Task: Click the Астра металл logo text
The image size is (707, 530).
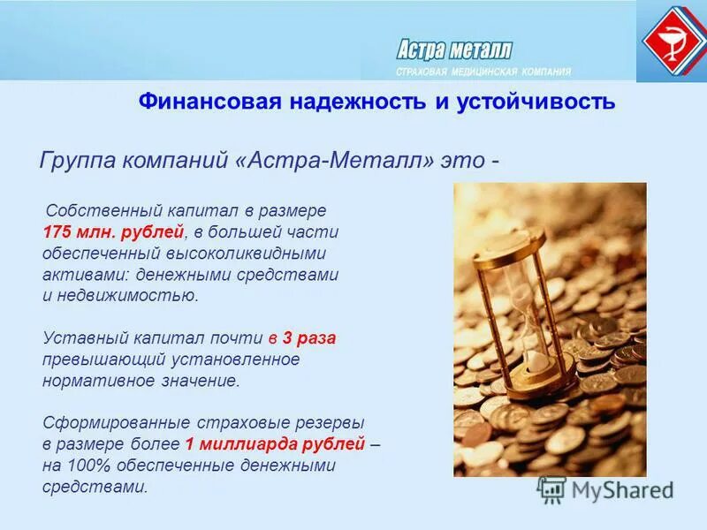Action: tap(453, 49)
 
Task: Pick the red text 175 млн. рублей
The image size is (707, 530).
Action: tap(113, 231)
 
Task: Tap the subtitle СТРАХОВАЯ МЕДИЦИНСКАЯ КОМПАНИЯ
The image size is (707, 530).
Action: tap(483, 72)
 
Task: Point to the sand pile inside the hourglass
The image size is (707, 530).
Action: tap(536, 361)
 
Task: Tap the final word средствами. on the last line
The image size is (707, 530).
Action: tap(95, 487)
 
